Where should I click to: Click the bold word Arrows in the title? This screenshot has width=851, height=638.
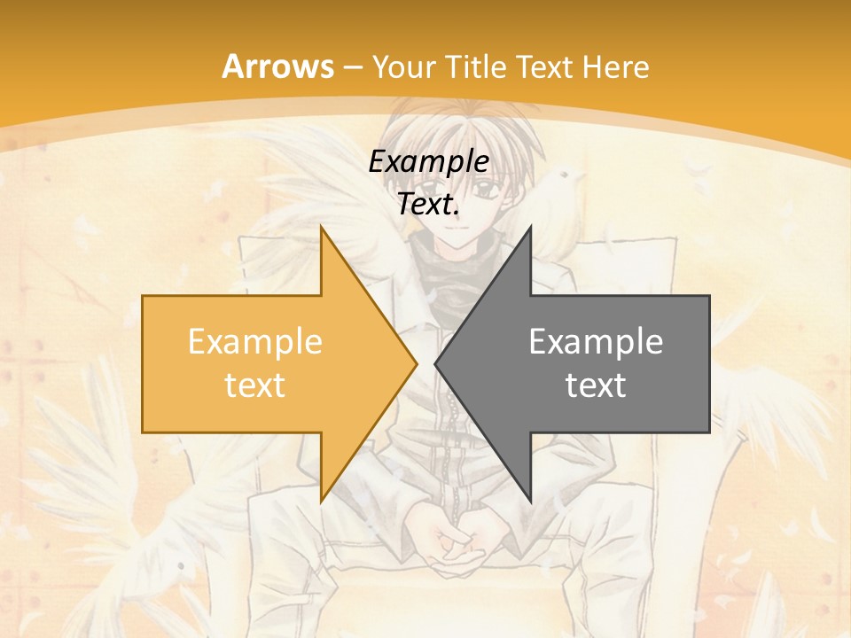(278, 66)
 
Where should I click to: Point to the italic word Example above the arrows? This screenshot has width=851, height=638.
(428, 161)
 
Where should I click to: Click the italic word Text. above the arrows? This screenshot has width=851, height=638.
(428, 205)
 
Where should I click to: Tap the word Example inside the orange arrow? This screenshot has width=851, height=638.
(254, 342)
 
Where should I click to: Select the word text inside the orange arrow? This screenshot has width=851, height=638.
(254, 385)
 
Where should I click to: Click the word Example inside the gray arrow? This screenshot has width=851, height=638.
(596, 342)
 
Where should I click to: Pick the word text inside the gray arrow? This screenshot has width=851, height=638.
(596, 385)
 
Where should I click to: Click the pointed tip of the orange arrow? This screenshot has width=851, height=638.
(415, 363)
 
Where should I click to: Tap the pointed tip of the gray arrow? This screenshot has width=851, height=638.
(436, 363)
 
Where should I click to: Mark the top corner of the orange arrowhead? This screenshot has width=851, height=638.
(321, 228)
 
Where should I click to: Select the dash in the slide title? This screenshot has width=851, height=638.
(352, 66)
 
